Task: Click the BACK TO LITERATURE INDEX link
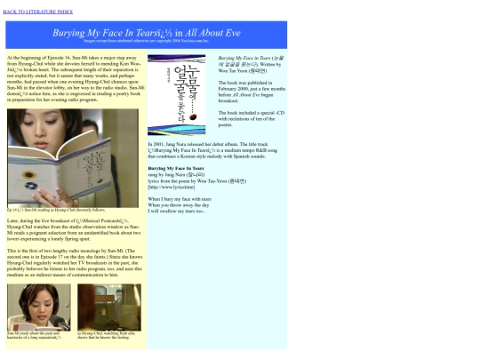coord(38,12)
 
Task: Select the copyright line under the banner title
coord(147,41)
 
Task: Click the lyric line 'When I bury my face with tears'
coord(180,199)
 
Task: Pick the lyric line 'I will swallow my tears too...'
coord(177,211)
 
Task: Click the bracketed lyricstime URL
coord(171,187)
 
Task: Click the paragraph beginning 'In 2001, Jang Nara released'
coord(217,149)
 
